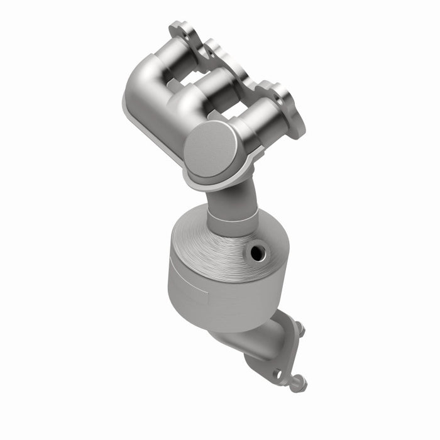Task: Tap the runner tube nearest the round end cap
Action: tap(264, 119)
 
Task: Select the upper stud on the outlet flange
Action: tap(300, 327)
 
